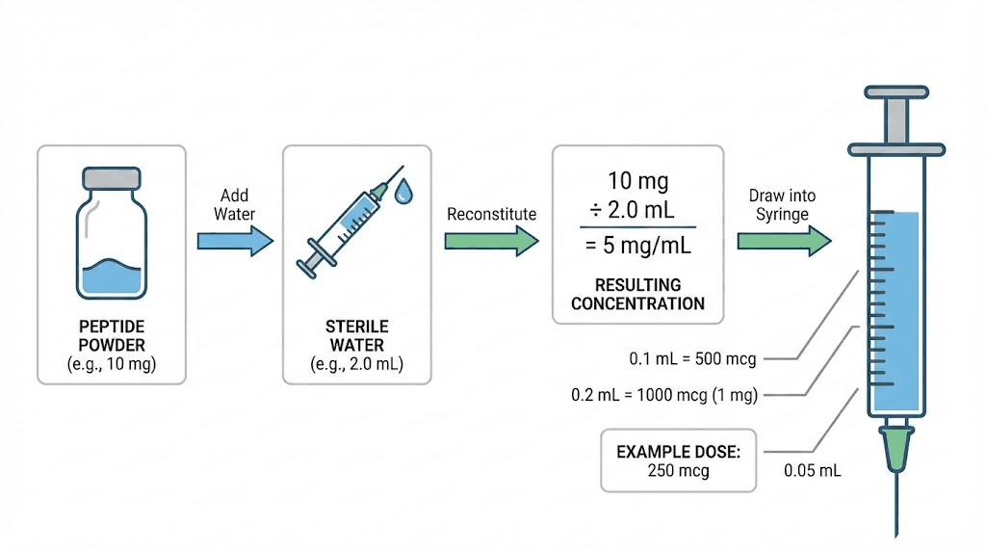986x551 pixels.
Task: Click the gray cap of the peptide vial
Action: (x=111, y=178)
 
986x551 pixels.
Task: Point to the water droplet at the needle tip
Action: (x=404, y=193)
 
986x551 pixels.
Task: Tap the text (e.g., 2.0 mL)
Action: (x=356, y=364)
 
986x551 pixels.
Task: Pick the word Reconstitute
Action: (x=491, y=214)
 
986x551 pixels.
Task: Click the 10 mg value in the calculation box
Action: (x=638, y=180)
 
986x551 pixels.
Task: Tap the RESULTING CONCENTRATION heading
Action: (x=638, y=294)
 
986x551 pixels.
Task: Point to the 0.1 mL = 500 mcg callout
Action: (x=692, y=359)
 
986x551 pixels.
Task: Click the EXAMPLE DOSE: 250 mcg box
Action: (x=680, y=459)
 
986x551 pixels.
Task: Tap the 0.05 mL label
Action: (x=814, y=471)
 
